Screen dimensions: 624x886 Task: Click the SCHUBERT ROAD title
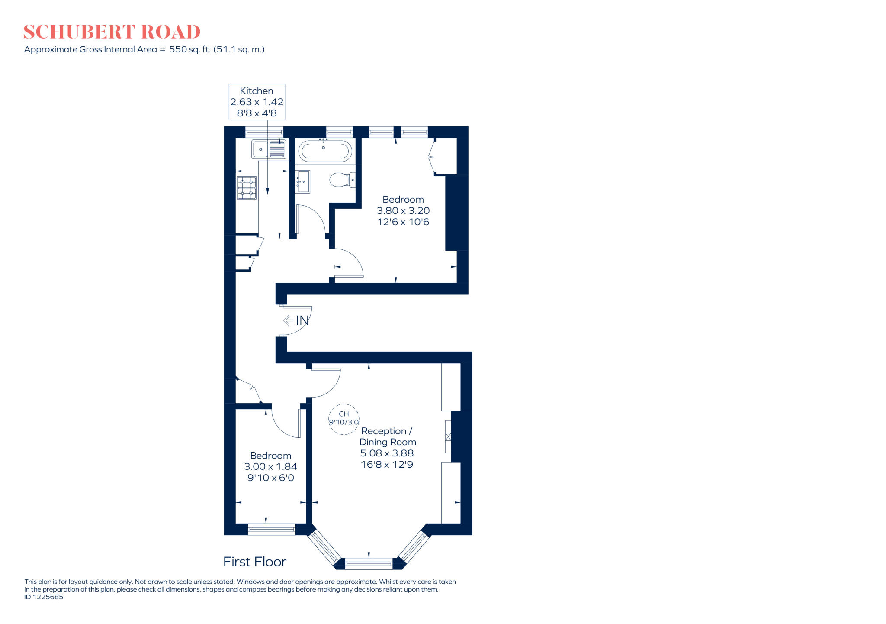click(112, 32)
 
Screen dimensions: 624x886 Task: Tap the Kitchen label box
click(257, 102)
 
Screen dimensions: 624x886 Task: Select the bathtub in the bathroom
click(325, 151)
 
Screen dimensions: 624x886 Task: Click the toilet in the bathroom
click(342, 180)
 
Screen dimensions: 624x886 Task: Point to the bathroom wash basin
click(303, 181)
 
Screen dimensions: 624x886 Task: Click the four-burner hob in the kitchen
click(247, 188)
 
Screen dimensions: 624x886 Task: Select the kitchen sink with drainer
click(269, 149)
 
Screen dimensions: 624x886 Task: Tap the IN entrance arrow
click(296, 320)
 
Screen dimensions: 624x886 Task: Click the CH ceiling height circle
click(344, 418)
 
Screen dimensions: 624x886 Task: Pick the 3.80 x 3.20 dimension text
click(403, 211)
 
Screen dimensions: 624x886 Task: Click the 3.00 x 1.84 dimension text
click(270, 467)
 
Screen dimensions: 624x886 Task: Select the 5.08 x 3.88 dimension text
click(387, 453)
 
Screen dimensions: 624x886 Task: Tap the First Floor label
click(254, 562)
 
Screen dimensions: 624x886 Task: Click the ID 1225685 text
click(44, 597)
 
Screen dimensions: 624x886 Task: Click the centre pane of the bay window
click(369, 563)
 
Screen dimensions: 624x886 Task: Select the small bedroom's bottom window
click(271, 529)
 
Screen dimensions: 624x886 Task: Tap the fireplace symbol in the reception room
click(448, 436)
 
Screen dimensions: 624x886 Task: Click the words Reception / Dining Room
click(388, 436)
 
